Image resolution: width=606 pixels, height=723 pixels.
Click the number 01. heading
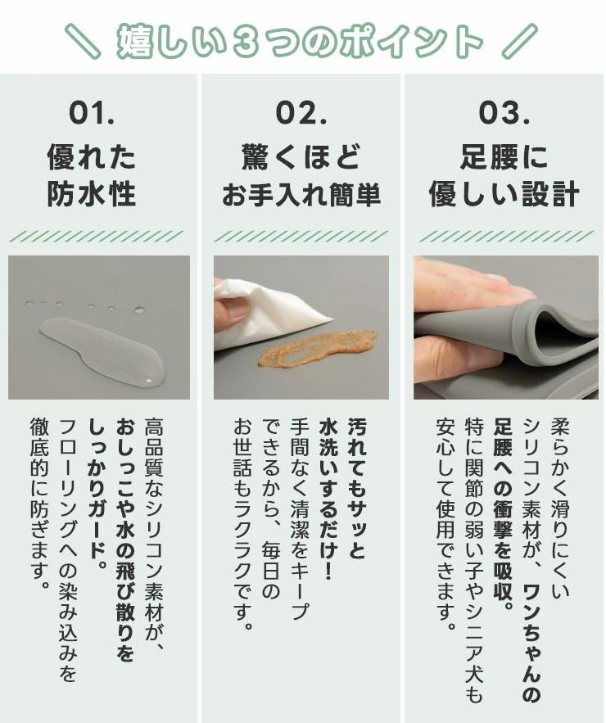pos(92,113)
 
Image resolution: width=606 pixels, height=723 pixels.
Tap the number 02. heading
pos(301,113)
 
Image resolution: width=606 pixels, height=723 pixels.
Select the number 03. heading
pos(504,113)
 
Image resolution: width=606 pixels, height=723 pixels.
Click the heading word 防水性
pos(92,193)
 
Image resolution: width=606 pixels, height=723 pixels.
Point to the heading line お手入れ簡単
pos(301,195)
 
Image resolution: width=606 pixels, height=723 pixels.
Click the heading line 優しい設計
pos(504,194)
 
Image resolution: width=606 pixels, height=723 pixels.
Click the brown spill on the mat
pos(317,349)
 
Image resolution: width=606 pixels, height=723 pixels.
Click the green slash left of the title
pos(82,42)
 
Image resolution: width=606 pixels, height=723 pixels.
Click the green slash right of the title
pos(520,42)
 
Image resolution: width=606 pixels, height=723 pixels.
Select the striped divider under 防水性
pos(96,237)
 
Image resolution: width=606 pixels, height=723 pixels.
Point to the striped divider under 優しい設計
pos(506,237)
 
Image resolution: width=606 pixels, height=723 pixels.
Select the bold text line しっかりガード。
pos(97,489)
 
